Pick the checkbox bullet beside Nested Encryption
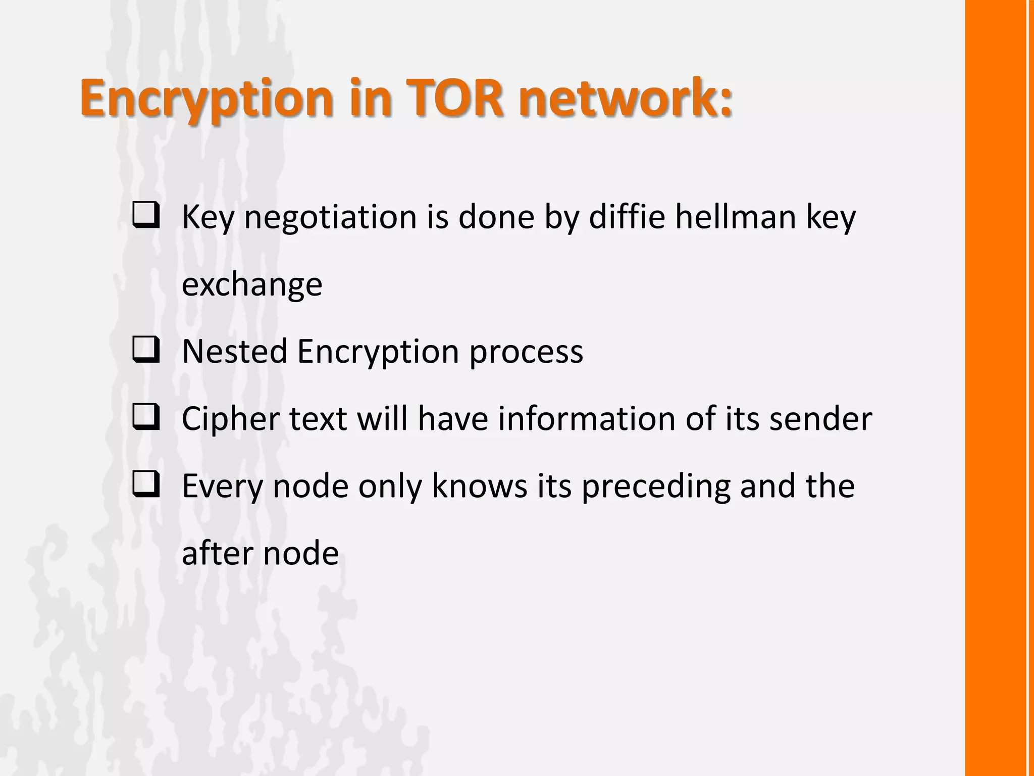coord(146,350)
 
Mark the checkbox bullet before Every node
coord(146,484)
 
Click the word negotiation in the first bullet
coord(331,217)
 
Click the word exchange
coord(251,284)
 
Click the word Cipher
coord(230,419)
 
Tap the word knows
coord(479,486)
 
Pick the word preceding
coord(655,487)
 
